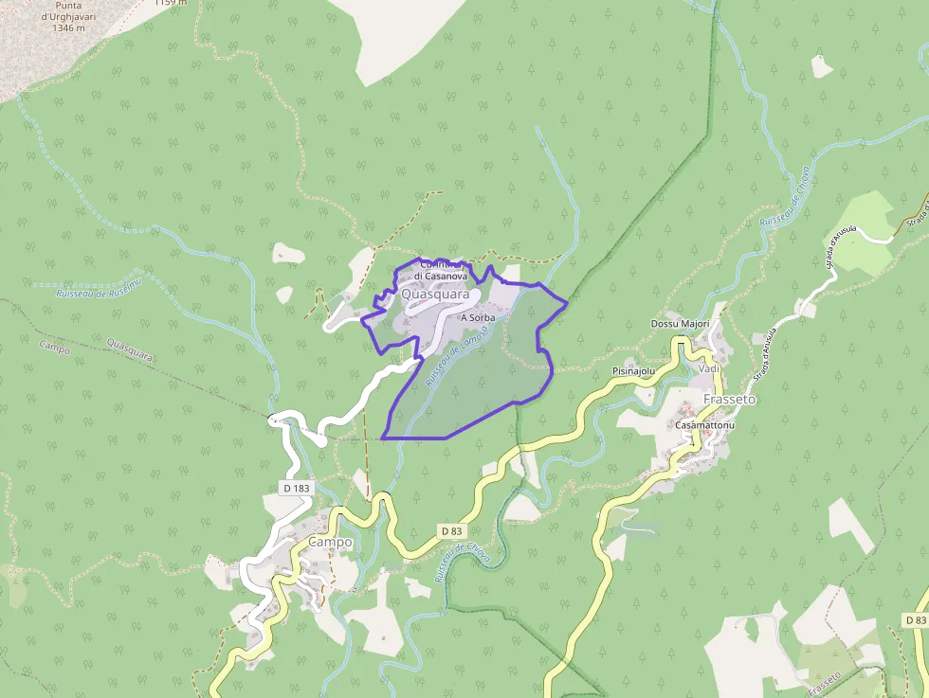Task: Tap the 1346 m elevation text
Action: click(68, 27)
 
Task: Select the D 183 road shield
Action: click(296, 488)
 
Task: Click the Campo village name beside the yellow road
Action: click(330, 542)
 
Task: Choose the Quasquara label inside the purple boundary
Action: click(436, 295)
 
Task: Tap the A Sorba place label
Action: click(477, 318)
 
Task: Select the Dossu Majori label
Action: click(680, 324)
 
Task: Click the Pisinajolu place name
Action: click(634, 371)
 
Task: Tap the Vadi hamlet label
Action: click(709, 367)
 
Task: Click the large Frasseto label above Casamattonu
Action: click(730, 400)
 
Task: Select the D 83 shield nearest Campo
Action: click(452, 531)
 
